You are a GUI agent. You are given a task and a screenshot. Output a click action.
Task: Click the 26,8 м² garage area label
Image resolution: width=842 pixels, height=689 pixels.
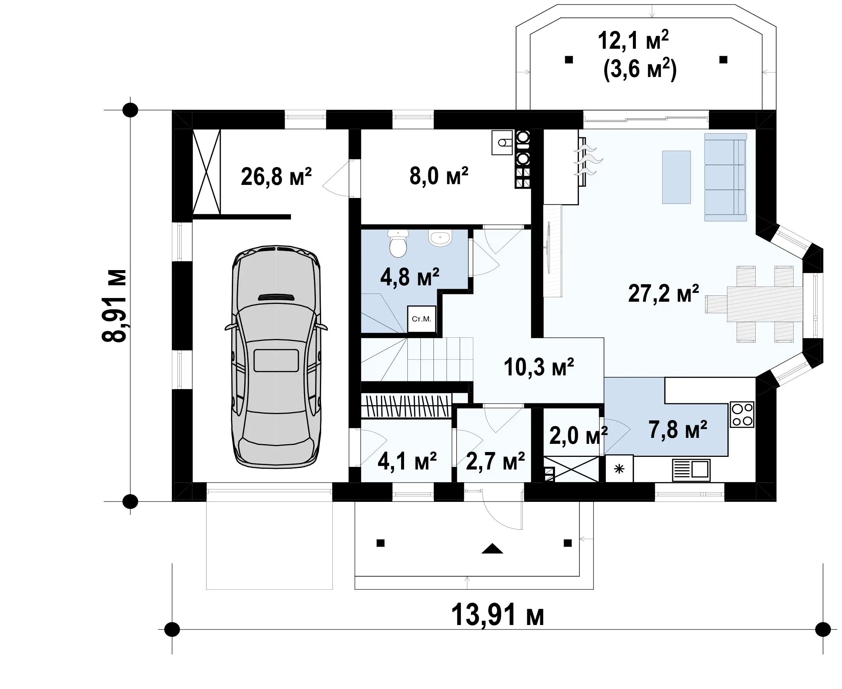pyautogui.click(x=276, y=177)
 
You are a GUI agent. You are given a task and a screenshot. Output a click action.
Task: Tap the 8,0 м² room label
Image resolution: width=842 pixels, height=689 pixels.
pyautogui.click(x=439, y=176)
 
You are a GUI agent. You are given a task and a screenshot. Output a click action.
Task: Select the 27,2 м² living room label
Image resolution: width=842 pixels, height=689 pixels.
pyautogui.click(x=663, y=294)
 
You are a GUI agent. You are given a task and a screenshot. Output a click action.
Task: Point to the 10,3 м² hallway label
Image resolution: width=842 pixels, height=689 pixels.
pyautogui.click(x=539, y=367)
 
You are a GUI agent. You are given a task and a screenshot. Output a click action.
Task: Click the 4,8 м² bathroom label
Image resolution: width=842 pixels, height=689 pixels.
pyautogui.click(x=410, y=277)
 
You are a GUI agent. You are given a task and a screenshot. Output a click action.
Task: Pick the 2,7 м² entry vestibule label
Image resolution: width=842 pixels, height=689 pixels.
pyautogui.click(x=496, y=461)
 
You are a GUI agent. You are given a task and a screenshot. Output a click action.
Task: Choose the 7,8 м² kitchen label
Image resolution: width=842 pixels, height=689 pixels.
pyautogui.click(x=678, y=429)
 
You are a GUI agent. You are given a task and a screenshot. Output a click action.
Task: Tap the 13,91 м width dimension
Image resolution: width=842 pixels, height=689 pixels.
pyautogui.click(x=497, y=614)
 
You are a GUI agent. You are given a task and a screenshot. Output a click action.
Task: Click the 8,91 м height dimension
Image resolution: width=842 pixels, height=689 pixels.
pyautogui.click(x=114, y=305)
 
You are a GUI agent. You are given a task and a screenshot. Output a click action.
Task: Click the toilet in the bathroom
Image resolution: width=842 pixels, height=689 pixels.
pyautogui.click(x=398, y=243)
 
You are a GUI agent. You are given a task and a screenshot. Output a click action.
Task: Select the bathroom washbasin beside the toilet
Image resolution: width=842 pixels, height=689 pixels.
pyautogui.click(x=440, y=238)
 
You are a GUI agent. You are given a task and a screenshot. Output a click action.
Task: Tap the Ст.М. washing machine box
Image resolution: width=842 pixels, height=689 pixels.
pyautogui.click(x=422, y=319)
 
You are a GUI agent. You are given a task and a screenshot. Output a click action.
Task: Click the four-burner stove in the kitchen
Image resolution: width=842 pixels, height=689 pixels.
pyautogui.click(x=742, y=415)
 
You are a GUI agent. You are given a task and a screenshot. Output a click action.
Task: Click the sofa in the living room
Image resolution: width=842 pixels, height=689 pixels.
pyautogui.click(x=725, y=177)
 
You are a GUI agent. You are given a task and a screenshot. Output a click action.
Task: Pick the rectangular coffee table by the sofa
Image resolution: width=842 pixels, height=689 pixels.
pyautogui.click(x=676, y=177)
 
